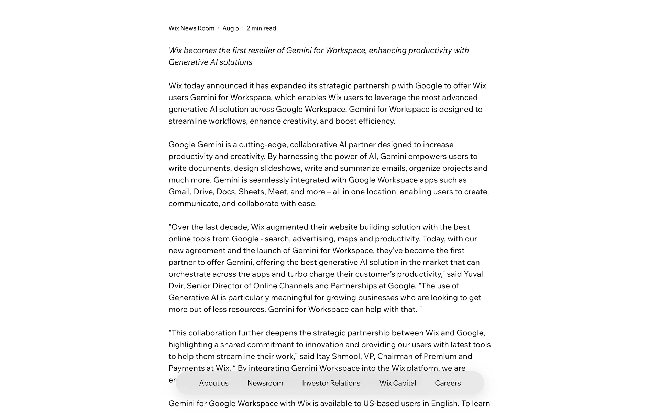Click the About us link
click(213, 383)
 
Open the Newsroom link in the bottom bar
click(265, 383)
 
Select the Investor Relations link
click(331, 383)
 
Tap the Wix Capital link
click(397, 383)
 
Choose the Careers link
click(448, 383)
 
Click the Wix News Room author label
click(191, 28)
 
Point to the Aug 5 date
click(230, 28)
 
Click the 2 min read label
click(261, 28)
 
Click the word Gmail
click(179, 192)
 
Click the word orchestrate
click(189, 274)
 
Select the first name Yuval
click(473, 274)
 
